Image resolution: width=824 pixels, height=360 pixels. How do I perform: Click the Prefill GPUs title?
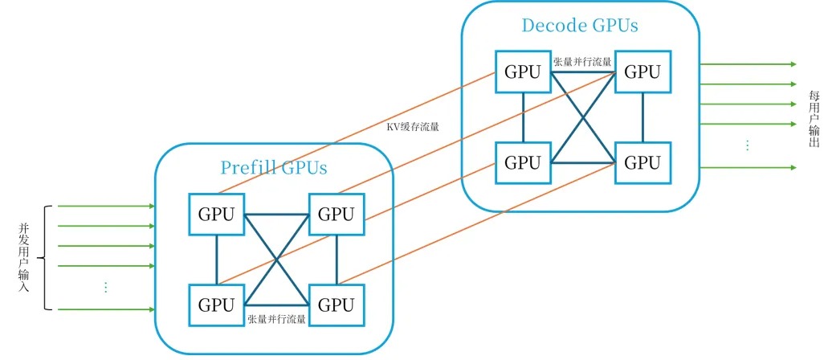[274, 168]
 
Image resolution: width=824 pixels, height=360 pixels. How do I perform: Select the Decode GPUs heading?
[580, 26]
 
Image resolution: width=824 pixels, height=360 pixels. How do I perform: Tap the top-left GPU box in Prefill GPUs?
[216, 214]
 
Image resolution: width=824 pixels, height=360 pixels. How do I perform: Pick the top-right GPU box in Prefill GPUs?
[336, 214]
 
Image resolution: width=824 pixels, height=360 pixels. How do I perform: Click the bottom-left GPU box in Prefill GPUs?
[216, 305]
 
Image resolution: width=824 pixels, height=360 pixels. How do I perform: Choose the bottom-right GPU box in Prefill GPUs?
[336, 305]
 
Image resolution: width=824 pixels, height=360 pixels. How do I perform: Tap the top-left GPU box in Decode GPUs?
[523, 72]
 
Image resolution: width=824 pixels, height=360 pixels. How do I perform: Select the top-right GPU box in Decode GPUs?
[642, 72]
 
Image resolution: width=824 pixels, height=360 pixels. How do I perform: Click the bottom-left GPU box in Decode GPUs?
[523, 162]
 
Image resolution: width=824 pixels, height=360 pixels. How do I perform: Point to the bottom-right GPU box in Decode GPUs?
[642, 162]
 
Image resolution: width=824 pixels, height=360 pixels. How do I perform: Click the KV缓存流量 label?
[413, 126]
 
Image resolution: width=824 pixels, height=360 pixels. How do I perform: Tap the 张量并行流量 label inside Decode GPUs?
[582, 61]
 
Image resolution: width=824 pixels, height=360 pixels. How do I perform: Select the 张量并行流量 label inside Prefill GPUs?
[277, 320]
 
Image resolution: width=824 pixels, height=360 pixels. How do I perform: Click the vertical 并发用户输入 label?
[23, 258]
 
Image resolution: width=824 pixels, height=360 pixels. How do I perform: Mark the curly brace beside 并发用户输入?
[45, 258]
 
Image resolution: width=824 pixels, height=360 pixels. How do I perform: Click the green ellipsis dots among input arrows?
[106, 287]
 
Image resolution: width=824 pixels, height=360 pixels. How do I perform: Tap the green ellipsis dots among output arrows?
[747, 145]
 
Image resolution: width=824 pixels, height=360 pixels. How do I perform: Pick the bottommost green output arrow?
[747, 167]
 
